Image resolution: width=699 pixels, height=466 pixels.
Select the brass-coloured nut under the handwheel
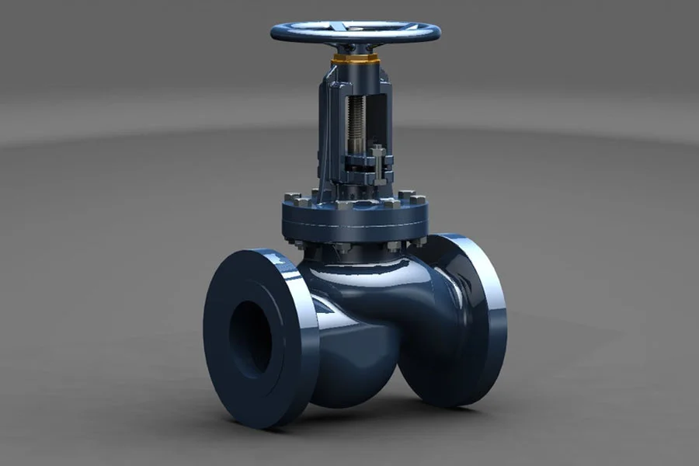point(355,59)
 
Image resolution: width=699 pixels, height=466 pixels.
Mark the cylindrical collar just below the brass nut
point(355,71)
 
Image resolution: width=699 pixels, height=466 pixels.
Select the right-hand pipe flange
point(466,318)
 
